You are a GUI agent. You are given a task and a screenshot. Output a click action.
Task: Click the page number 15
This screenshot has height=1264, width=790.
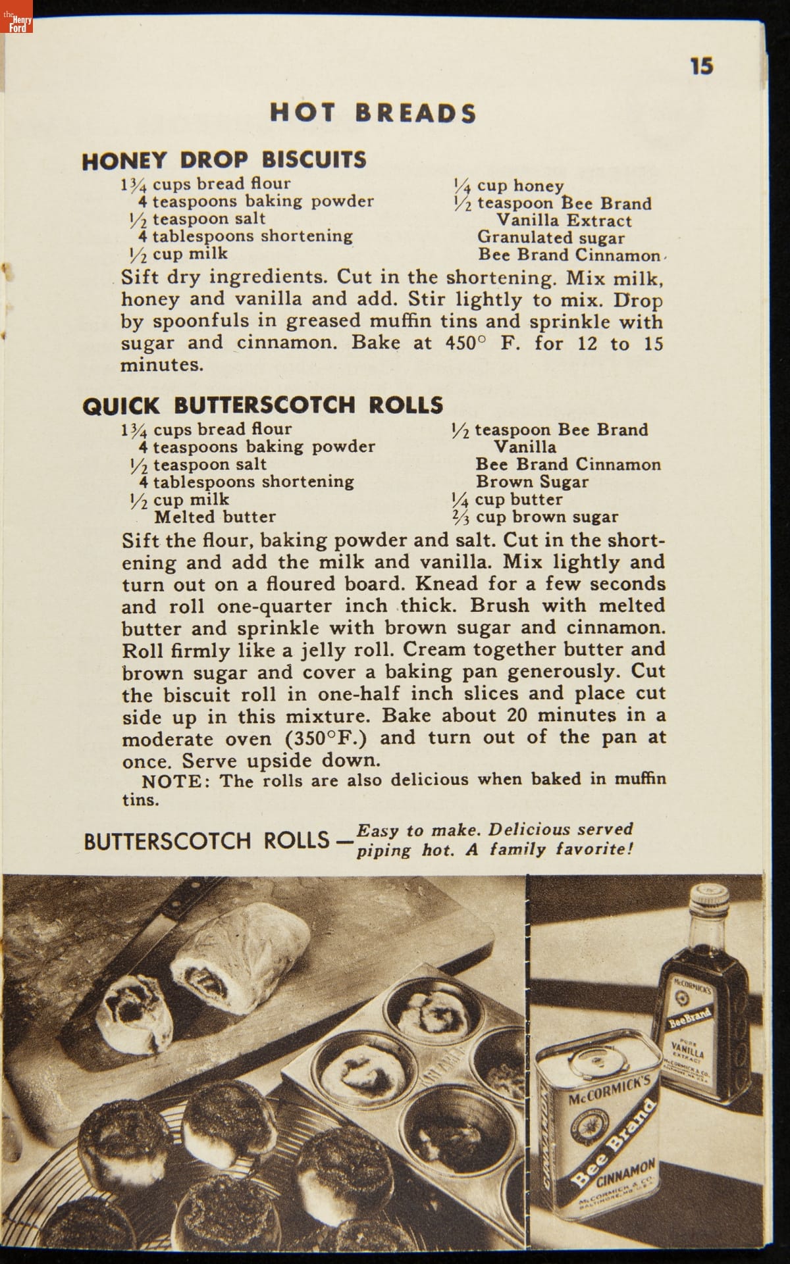click(x=702, y=66)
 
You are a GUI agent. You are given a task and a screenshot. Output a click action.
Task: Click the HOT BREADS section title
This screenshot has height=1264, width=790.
click(x=373, y=113)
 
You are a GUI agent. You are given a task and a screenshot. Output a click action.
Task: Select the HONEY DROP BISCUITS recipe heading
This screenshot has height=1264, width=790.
click(x=224, y=160)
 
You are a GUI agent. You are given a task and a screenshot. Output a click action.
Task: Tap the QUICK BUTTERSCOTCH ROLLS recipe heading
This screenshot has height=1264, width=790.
click(x=263, y=405)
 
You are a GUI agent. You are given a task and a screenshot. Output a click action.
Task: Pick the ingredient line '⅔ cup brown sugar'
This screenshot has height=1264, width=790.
click(x=535, y=517)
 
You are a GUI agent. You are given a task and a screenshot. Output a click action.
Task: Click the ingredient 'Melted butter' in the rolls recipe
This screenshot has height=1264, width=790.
click(x=215, y=517)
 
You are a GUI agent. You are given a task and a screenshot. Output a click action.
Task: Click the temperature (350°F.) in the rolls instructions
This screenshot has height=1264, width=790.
click(x=326, y=738)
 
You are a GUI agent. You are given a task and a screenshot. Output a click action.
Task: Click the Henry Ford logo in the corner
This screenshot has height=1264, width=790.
click(x=16, y=24)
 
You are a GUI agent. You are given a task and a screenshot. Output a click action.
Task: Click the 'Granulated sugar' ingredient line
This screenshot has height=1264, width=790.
click(x=550, y=238)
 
